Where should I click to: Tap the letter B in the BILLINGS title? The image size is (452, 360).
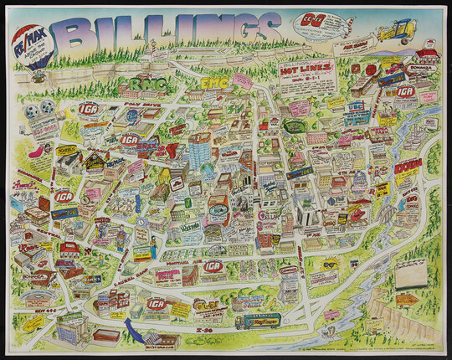point(78,34)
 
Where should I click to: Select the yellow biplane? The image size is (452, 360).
point(397,32)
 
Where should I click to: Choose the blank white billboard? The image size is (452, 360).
point(410,272)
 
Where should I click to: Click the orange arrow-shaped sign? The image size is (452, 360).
point(407,299)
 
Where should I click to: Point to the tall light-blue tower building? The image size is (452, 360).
point(200,152)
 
